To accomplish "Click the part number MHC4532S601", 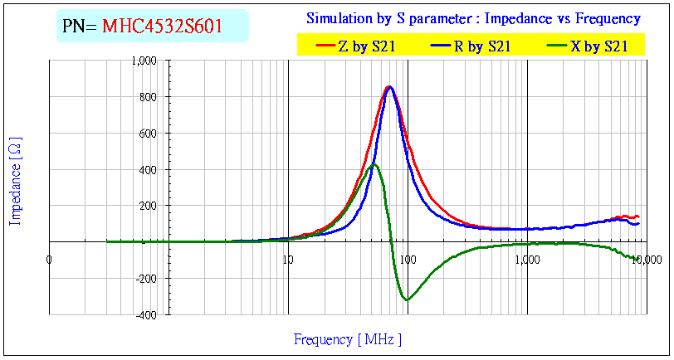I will [x=162, y=26].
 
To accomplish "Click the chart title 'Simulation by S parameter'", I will [x=473, y=18].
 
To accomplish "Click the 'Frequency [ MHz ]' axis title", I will [x=348, y=339].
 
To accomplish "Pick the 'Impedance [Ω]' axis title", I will [x=15, y=182].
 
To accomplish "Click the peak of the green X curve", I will [x=375, y=164].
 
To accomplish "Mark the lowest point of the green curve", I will [x=407, y=299].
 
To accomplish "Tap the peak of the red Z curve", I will [x=388, y=86].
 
